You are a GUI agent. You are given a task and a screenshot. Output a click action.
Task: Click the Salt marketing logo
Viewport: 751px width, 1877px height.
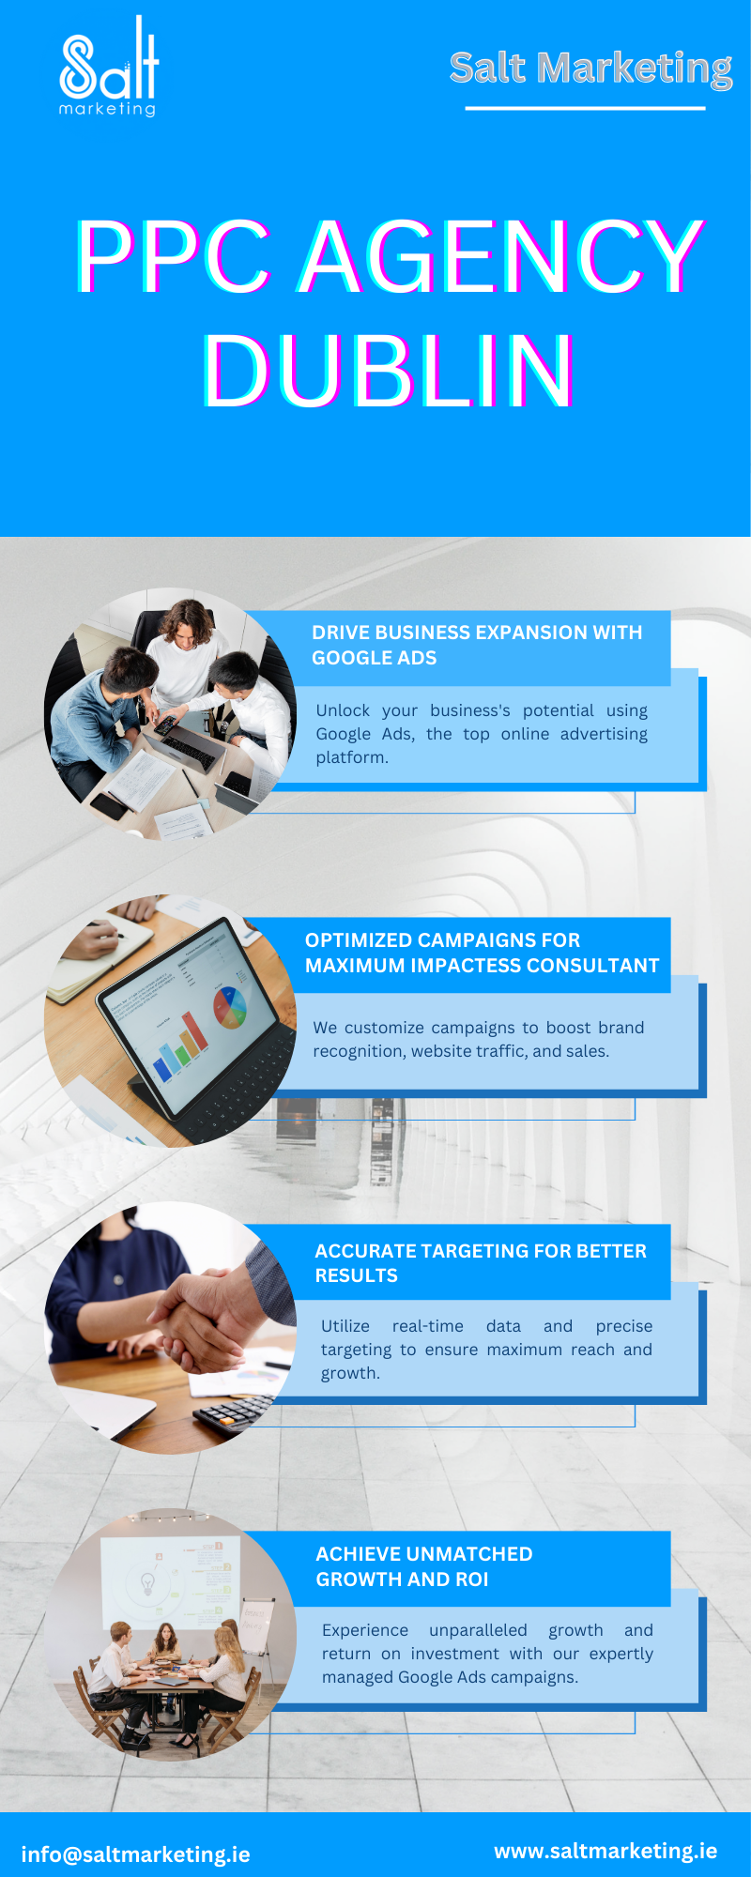tap(109, 67)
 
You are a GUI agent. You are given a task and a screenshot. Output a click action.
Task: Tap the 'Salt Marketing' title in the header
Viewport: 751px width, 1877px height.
tap(590, 69)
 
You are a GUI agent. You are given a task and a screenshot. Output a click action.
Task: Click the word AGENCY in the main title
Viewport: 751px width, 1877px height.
tap(501, 255)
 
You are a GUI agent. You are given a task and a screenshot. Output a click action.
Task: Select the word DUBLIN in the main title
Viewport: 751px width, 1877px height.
tap(389, 371)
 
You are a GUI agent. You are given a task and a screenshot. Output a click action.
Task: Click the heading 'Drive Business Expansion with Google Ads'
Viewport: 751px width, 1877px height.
tap(477, 645)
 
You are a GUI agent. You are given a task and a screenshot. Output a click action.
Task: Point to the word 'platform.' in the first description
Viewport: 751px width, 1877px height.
tap(352, 757)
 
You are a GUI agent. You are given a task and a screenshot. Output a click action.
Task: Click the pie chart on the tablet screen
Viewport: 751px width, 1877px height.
tap(229, 1005)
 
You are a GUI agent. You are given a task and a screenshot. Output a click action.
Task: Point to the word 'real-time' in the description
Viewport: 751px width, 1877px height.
tap(428, 1326)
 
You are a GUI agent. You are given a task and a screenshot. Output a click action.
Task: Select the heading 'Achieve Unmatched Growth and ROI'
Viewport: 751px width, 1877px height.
tap(424, 1566)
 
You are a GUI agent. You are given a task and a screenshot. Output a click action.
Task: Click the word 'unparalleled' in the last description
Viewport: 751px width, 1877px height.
tap(478, 1630)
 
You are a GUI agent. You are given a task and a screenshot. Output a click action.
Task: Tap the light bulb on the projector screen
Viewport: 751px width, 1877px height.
tap(147, 1584)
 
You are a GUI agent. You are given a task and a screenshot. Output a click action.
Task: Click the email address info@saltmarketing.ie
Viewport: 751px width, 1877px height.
tap(136, 1854)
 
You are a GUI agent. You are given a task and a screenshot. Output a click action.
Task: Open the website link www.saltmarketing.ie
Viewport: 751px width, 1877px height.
tap(605, 1851)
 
